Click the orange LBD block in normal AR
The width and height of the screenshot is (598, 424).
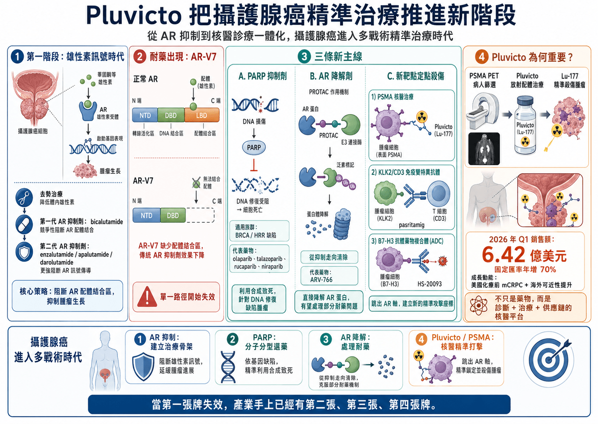[x=202, y=115]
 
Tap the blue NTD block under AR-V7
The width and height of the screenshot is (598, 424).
[x=147, y=215]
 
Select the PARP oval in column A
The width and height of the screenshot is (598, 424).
[x=254, y=147]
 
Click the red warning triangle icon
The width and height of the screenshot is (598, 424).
[x=147, y=297]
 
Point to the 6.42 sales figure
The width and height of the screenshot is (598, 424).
[x=504, y=255]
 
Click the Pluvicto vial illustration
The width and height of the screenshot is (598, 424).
[x=525, y=125]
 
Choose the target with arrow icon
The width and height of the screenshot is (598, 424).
[x=549, y=359]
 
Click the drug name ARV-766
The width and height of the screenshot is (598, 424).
[x=321, y=280]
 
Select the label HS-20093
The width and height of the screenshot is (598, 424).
[x=429, y=284]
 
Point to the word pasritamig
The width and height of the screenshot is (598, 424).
[x=412, y=225]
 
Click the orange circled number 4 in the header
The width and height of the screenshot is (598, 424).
[x=482, y=57]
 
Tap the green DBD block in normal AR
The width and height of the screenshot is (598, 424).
[x=171, y=115]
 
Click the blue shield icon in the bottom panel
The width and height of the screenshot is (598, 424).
[x=143, y=366]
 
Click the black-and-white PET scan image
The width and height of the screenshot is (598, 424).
[x=484, y=149]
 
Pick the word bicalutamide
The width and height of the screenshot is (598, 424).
[x=107, y=222]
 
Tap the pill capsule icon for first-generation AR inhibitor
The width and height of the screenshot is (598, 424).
[x=24, y=224]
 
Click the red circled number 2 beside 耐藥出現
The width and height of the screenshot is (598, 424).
[x=140, y=57]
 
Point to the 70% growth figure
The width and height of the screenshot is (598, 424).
[x=548, y=269]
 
